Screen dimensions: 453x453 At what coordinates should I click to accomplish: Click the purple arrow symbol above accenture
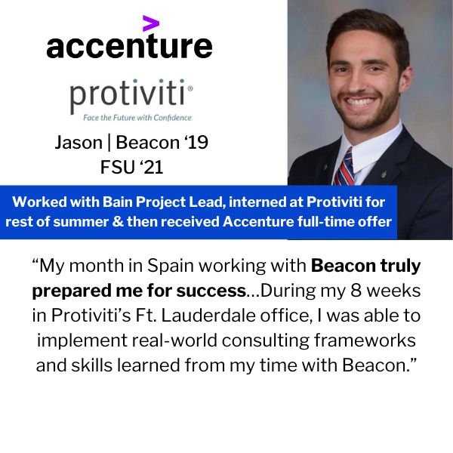point(150,23)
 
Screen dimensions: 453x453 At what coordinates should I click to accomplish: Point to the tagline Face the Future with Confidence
point(137,118)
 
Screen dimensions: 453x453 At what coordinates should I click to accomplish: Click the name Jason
point(79,143)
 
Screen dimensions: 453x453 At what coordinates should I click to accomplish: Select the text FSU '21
point(131,167)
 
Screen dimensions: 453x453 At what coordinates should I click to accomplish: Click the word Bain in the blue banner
point(118,202)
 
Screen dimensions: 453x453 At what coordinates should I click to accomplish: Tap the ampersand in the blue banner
point(117,222)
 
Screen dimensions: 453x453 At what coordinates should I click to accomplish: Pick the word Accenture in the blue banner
point(258,222)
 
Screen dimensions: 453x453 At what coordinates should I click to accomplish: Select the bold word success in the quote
point(211,291)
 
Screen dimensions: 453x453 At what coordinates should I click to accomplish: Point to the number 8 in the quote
point(356,291)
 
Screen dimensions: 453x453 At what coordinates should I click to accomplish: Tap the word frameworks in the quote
point(365,341)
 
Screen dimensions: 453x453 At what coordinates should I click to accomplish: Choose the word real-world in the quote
point(174,341)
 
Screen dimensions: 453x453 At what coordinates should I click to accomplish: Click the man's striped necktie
point(345,168)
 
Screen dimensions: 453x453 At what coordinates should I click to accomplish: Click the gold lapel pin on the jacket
point(384,174)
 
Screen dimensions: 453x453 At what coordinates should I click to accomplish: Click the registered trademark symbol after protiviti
point(190,88)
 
